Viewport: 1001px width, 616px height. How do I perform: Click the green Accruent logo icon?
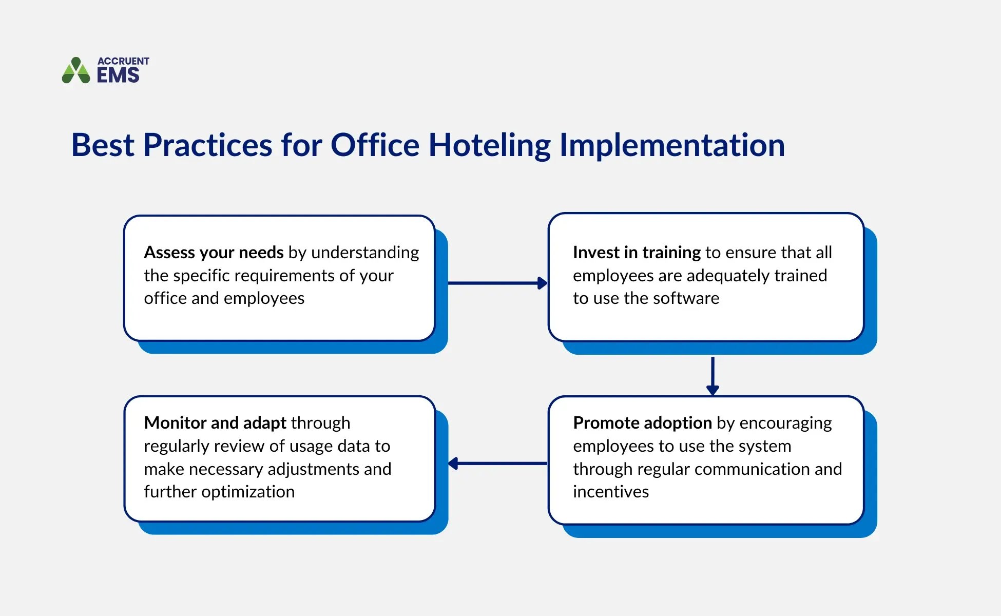point(76,71)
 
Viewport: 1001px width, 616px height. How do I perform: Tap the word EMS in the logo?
point(118,75)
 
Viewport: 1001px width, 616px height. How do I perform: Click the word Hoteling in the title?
point(489,145)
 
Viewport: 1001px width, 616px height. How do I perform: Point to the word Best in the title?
point(102,145)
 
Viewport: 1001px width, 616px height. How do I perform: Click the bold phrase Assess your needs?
point(214,253)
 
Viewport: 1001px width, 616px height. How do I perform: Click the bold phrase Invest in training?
point(637,253)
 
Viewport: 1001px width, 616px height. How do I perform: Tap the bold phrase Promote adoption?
point(642,423)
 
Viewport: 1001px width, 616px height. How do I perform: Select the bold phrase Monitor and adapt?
point(215,423)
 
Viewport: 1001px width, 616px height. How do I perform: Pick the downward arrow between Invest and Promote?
point(713,376)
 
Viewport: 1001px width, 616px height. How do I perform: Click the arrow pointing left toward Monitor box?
point(497,464)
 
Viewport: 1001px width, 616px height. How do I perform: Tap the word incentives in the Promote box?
point(611,492)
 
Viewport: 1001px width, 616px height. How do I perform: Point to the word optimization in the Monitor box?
point(248,492)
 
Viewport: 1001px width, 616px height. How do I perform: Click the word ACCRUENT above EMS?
point(123,61)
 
